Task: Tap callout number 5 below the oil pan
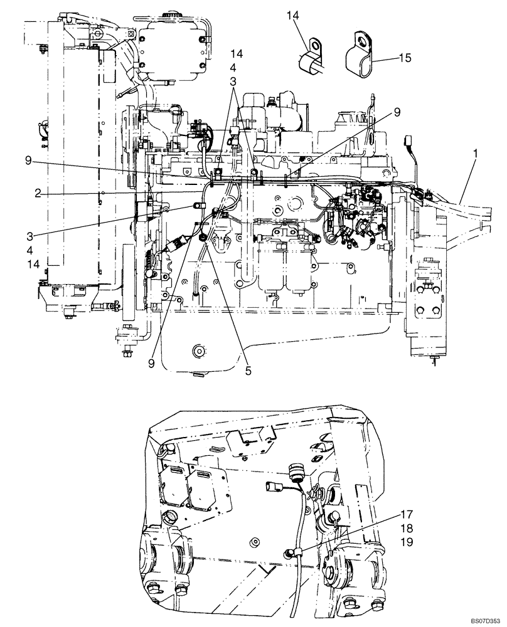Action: [248, 371]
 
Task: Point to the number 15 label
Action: [405, 58]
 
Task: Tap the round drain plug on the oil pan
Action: [200, 351]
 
